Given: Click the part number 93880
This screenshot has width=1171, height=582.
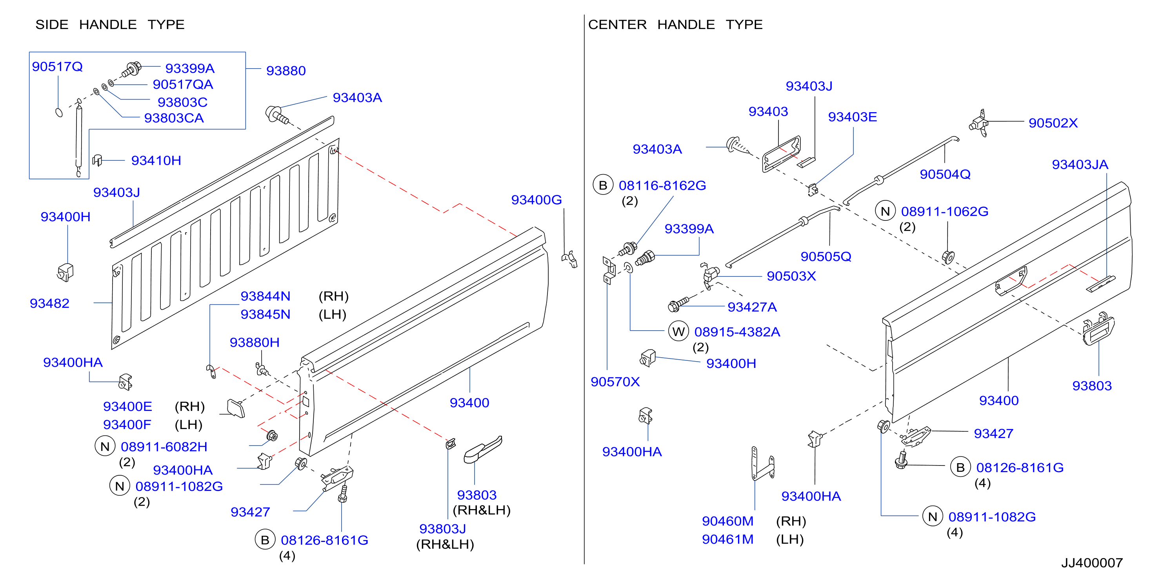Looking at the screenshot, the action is point(286,71).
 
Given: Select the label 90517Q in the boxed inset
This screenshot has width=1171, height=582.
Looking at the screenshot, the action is point(57,66).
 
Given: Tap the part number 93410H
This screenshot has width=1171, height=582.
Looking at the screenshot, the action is point(156,160).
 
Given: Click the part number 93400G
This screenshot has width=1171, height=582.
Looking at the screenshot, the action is point(536,200).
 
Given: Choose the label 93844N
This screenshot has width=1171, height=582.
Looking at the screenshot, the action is point(265,296).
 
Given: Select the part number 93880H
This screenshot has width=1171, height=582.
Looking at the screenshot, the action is point(255,342).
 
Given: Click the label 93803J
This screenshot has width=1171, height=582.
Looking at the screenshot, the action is point(442,528).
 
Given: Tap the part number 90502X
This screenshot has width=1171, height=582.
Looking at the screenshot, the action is point(1053,123).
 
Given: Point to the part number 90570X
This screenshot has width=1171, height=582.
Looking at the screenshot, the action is point(615,382).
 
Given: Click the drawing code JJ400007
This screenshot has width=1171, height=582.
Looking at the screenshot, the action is point(1092,562).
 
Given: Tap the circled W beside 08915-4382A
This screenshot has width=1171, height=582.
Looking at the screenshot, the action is point(678,331).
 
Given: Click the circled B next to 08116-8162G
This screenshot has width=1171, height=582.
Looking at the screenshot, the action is point(603,185).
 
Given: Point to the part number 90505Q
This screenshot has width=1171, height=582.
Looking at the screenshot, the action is point(826,256).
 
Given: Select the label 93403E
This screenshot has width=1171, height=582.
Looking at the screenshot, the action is point(852,117).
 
